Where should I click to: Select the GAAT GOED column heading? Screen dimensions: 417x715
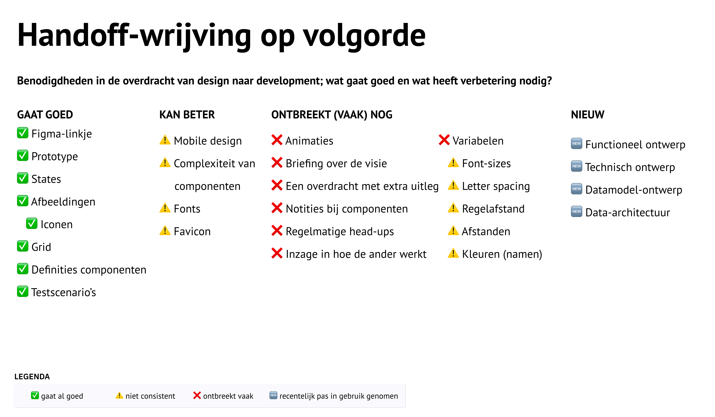pyautogui.click(x=45, y=115)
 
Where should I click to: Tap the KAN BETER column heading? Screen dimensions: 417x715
pyautogui.click(x=187, y=115)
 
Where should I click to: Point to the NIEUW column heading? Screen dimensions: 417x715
pyautogui.click(x=587, y=115)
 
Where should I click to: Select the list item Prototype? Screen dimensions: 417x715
pyautogui.click(x=54, y=156)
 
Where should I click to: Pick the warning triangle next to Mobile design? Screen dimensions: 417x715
pyautogui.click(x=165, y=140)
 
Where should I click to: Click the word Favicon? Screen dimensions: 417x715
pyautogui.click(x=192, y=232)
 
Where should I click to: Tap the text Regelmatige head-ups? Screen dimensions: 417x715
pyautogui.click(x=340, y=232)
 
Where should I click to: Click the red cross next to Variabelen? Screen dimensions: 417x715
pyautogui.click(x=444, y=140)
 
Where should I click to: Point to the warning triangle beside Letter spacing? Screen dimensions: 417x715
pyautogui.click(x=453, y=185)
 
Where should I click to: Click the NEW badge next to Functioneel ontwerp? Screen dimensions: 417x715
pyautogui.click(x=577, y=144)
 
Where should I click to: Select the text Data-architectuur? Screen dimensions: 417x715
pyautogui.click(x=628, y=213)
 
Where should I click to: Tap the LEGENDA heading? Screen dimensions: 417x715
pyautogui.click(x=32, y=377)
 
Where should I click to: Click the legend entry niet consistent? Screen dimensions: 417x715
pyautogui.click(x=150, y=396)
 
